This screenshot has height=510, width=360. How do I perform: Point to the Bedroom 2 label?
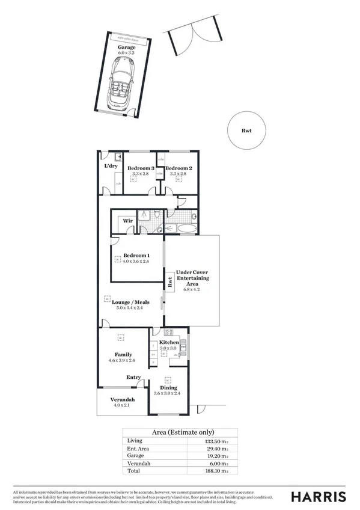tap(178, 168)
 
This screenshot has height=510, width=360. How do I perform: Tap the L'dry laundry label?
tap(111, 165)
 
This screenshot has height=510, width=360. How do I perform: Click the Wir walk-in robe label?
tap(127, 221)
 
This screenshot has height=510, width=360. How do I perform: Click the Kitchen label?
tap(168, 342)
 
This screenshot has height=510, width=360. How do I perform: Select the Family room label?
tap(123, 355)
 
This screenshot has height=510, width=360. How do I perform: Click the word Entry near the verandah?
tap(133, 378)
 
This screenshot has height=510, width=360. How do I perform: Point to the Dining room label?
tap(168, 388)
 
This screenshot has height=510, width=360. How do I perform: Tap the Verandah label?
tap(122, 400)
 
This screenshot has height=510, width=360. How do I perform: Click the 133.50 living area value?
tap(217, 441)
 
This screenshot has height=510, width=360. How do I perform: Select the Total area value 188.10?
tap(217, 472)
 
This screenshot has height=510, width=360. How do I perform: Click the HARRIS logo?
tap(318, 496)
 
